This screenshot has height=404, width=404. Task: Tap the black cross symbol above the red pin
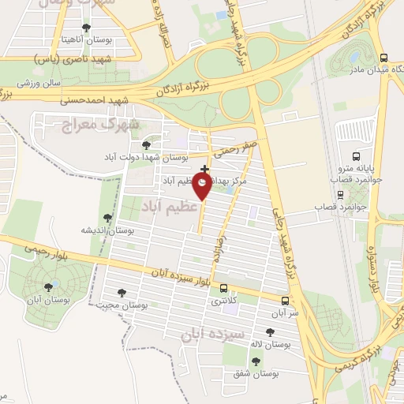click(205, 169)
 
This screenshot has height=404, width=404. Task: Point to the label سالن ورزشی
click(35, 82)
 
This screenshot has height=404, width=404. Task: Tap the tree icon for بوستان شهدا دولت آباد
click(144, 144)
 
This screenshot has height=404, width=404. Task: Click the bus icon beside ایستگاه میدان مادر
click(383, 58)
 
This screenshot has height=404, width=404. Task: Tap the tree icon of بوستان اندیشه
click(108, 217)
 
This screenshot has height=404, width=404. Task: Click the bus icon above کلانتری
click(224, 288)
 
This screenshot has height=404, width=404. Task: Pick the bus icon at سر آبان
click(285, 300)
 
